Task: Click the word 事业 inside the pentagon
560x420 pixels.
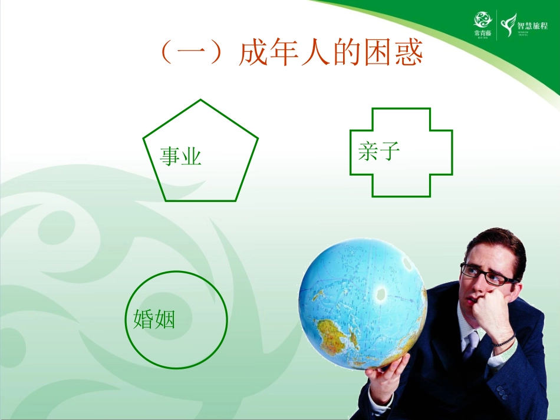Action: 181,157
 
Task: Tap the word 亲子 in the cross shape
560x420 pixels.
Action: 378,151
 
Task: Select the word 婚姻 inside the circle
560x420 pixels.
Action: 154,319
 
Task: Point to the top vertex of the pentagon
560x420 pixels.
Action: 200,101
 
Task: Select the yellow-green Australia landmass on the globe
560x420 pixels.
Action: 335,335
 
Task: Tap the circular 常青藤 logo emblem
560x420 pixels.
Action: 482,19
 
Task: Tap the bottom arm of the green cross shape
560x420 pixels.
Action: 401,185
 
